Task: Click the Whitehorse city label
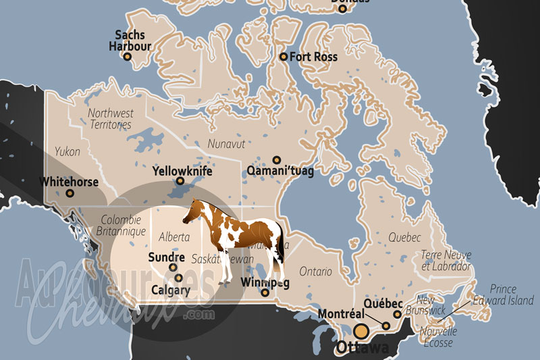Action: pos(69,182)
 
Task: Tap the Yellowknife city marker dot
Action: pos(180,181)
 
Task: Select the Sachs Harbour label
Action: pos(130,41)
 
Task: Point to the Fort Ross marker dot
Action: pos(283,57)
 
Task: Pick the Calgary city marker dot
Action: pos(178,278)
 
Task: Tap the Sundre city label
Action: pos(166,257)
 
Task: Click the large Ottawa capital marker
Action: pos(362,331)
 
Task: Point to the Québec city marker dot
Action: pos(398,314)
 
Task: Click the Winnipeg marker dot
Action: pos(265,292)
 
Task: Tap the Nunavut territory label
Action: pos(225,143)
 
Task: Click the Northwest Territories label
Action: pos(111,119)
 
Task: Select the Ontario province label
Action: pos(316,272)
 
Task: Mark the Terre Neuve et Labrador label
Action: pos(446,260)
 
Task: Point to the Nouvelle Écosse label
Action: pos(437,336)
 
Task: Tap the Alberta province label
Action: pos(173,237)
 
